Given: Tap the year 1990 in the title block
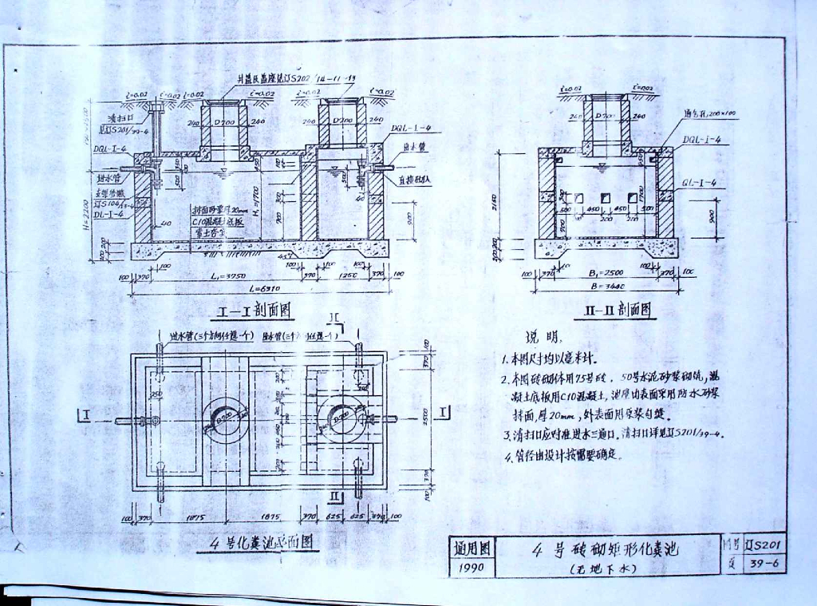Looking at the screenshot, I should tap(472, 568).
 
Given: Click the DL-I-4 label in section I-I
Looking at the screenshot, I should tap(109, 214).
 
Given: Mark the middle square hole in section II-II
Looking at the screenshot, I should tap(602, 197).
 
